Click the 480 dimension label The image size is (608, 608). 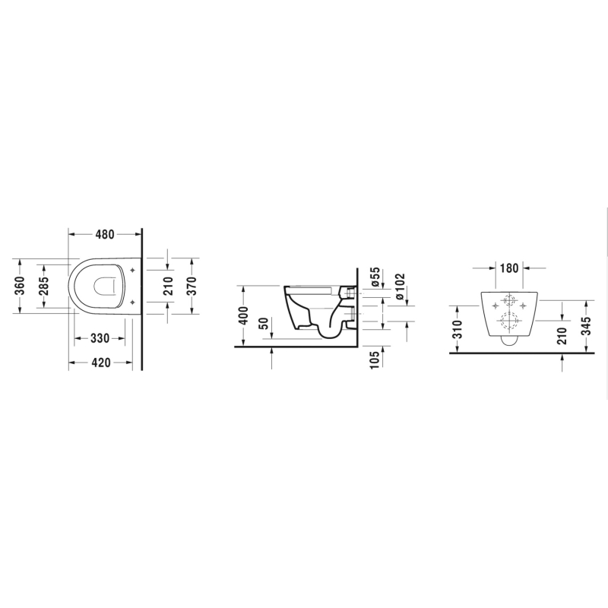[105, 234]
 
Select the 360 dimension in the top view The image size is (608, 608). [20, 286]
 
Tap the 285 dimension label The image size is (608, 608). [43, 286]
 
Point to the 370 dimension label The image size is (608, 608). [192, 286]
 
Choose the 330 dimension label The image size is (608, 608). [100, 338]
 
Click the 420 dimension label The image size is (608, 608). [101, 363]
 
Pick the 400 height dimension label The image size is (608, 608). [243, 315]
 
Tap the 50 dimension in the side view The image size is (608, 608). [264, 324]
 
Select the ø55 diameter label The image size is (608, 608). [375, 277]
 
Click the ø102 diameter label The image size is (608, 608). [400, 287]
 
